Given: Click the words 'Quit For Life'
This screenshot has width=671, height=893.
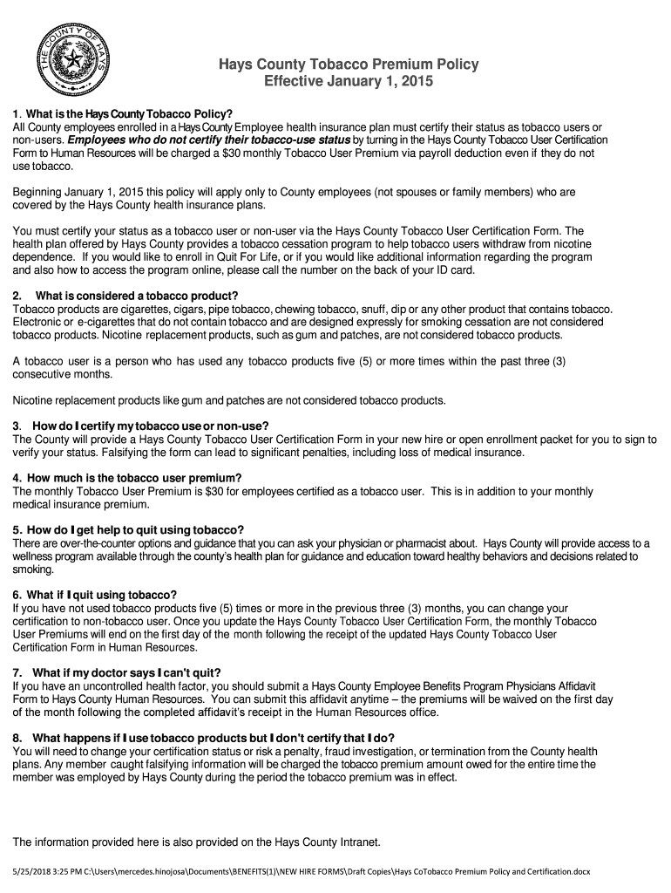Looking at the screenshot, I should (x=229, y=257).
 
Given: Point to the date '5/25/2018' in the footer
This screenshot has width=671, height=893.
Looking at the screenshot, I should (x=30, y=871).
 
